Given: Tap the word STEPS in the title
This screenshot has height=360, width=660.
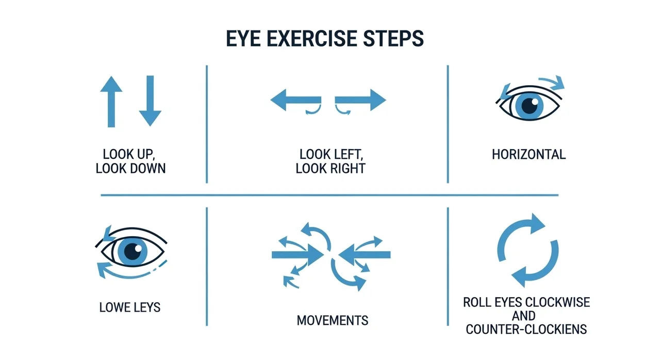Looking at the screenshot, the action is tap(393, 39).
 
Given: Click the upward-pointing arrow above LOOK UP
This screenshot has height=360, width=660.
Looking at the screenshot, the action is tap(111, 102).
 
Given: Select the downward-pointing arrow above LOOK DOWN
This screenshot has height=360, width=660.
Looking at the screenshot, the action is tap(150, 101).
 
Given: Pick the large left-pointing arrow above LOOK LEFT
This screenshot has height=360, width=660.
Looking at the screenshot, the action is tap(295, 100).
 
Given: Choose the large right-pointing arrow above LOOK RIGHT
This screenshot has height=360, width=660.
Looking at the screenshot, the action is tap(360, 100).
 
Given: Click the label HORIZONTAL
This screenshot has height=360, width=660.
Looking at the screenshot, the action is tap(529, 155).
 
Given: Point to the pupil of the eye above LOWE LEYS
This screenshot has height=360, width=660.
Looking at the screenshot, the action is tap(133, 251).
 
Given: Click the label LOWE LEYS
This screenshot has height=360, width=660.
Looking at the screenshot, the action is tap(130, 307).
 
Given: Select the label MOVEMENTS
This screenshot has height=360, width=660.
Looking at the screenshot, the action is tap(333, 320).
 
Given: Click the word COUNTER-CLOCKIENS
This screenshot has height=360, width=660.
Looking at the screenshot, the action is tap(526, 330).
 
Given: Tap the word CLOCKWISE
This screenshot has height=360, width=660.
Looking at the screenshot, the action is tap(558, 303).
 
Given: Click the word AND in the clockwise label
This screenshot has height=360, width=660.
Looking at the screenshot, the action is tap(523, 316).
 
